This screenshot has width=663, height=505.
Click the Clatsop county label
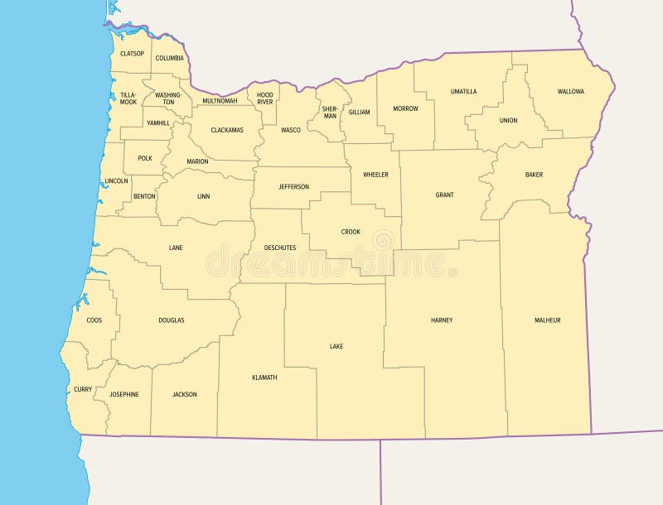[132, 54]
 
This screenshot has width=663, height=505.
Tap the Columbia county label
[169, 58]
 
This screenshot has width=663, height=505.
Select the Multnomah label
[220, 101]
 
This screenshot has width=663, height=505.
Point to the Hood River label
[265, 99]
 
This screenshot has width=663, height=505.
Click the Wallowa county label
[570, 92]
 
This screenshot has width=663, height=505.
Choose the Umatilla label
[463, 92]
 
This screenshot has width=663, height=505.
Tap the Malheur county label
[547, 320]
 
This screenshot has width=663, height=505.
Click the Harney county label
[442, 320]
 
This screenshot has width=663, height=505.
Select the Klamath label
[264, 378]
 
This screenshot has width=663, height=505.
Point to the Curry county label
[83, 389]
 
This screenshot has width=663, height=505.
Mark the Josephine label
[124, 394]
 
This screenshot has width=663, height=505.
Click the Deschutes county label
[279, 248]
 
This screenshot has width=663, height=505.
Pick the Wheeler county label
[375, 175]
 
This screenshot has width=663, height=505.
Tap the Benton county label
[144, 197]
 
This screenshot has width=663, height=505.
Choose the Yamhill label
[157, 123]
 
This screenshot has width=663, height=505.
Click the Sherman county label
[330, 113]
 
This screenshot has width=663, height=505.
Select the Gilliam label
[359, 112]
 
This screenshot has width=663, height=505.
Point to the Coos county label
[94, 320]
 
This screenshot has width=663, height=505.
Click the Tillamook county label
[128, 99]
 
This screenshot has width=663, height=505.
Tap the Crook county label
[351, 232]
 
